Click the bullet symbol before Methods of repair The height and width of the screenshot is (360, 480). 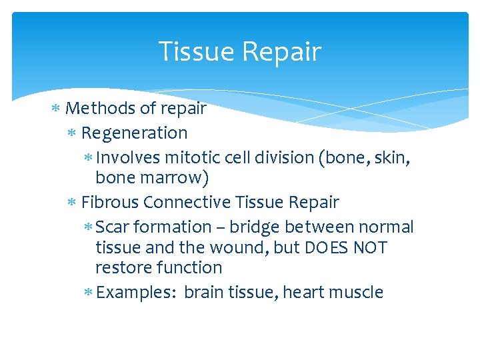point(58,109)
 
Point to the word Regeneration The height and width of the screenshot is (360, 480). point(134,133)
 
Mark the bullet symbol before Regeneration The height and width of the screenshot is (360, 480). point(73,133)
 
